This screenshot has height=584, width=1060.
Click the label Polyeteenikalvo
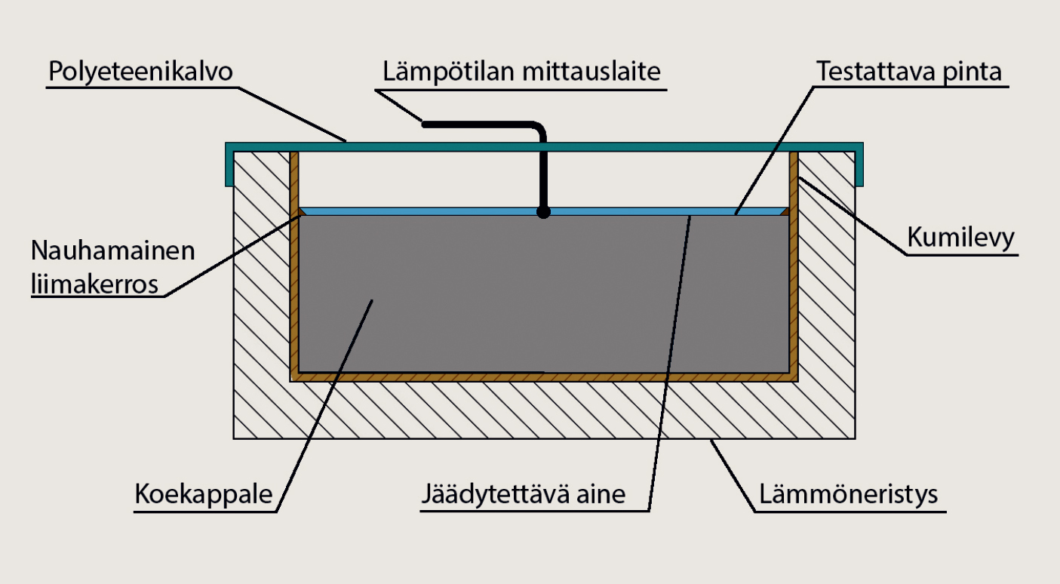pyautogui.click(x=140, y=72)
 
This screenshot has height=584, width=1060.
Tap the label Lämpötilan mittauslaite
pyautogui.click(x=521, y=72)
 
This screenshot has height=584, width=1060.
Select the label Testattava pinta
pyautogui.click(x=909, y=72)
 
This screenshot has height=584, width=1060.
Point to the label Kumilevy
pyautogui.click(x=960, y=238)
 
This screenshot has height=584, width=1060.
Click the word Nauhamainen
pyautogui.click(x=112, y=251)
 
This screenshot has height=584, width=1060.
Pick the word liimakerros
pyautogui.click(x=94, y=284)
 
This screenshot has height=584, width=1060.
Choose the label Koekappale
pyautogui.click(x=204, y=494)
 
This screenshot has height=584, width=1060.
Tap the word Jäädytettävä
pyautogui.click(x=493, y=494)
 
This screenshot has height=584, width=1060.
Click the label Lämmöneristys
pyautogui.click(x=849, y=494)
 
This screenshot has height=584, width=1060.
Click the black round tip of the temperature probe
pyautogui.click(x=543, y=212)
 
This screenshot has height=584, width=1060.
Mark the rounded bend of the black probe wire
pyautogui.click(x=538, y=129)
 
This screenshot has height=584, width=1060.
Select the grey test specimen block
pyautogui.click(x=544, y=294)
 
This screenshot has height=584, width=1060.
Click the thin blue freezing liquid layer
pyautogui.click(x=544, y=211)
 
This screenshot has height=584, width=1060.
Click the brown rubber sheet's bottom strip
pyautogui.click(x=544, y=377)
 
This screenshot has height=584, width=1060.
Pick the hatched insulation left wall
pyautogui.click(x=262, y=294)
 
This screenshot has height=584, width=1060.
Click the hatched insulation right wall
pyautogui.click(x=826, y=294)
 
